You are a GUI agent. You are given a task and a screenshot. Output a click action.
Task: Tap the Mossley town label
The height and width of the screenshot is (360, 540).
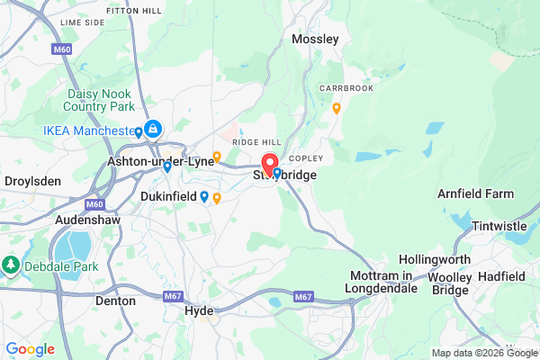[x=316, y=40]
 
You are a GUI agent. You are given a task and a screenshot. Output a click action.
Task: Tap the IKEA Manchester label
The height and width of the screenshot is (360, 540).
[x=87, y=131]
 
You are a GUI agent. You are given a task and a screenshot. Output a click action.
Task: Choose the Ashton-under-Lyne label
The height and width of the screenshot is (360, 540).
[x=160, y=161]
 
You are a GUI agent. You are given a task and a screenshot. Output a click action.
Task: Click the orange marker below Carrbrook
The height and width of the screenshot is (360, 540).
[x=336, y=108]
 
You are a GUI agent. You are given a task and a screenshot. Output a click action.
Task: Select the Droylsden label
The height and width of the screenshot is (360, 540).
[x=32, y=181]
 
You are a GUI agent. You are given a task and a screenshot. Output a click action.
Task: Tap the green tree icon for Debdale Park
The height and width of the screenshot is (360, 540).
[x=11, y=265]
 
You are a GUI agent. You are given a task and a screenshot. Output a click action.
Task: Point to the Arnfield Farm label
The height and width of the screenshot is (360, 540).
[x=475, y=193]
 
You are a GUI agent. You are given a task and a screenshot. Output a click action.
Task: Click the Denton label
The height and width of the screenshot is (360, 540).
[x=115, y=301]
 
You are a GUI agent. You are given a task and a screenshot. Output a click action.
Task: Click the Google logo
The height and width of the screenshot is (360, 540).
[x=30, y=349]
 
